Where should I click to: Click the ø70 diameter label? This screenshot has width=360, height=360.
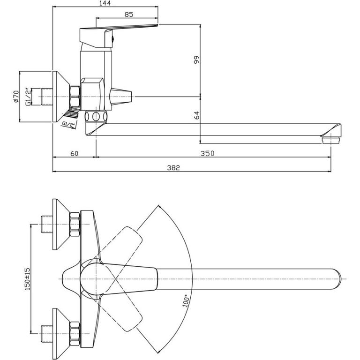click(x=15, y=97)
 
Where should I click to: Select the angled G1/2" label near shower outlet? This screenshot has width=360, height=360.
click(x=69, y=124)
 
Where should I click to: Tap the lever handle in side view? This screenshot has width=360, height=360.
click(x=127, y=30)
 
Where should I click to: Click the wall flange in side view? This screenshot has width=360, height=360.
click(x=60, y=97)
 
